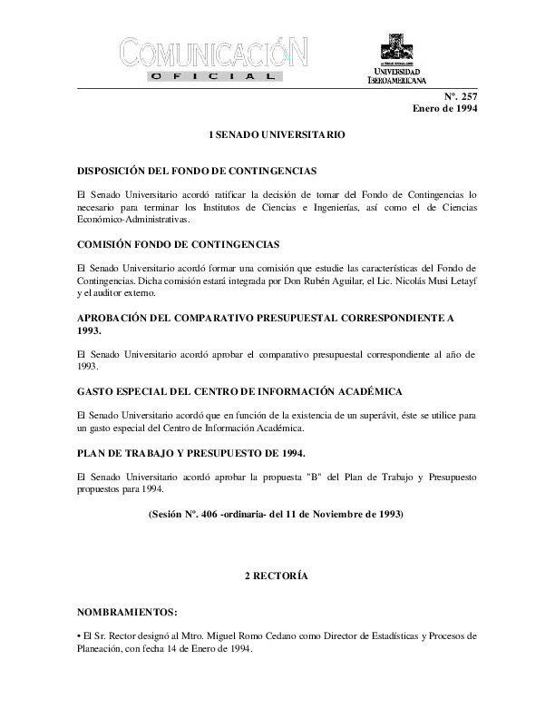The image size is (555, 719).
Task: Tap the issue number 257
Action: click(467, 96)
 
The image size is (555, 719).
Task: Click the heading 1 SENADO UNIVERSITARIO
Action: click(277, 134)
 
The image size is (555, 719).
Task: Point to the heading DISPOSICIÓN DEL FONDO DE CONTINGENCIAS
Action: click(197, 171)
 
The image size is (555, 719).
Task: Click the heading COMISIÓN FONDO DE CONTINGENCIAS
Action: click(179, 244)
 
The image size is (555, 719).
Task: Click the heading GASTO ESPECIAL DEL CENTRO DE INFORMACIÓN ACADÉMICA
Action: click(240, 390)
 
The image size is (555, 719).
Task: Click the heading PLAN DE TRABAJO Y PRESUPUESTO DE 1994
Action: click(191, 452)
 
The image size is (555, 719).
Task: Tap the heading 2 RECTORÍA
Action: click(277, 576)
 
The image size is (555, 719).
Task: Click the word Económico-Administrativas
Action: click(133, 220)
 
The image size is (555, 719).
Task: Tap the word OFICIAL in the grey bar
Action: click(213, 78)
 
